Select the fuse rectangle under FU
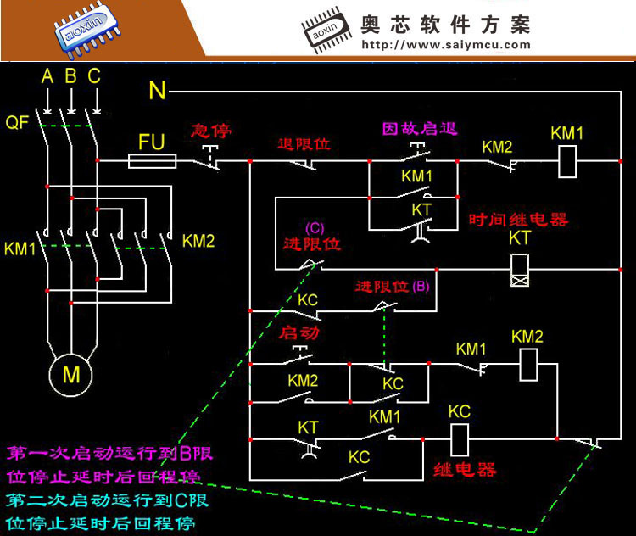(152, 161)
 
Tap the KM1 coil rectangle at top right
(567, 162)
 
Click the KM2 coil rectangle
(528, 366)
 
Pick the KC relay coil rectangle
(460, 440)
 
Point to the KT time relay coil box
(520, 270)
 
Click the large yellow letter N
(158, 90)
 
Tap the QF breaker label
(17, 122)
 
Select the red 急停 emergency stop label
(211, 131)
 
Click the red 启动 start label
(299, 332)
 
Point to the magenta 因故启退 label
(420, 129)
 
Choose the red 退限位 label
(304, 143)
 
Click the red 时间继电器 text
(518, 220)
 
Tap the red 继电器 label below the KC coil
(465, 470)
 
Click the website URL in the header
(446, 45)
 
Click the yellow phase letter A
(47, 75)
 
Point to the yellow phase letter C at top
(94, 75)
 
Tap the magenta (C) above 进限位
(315, 228)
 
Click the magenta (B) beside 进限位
(421, 287)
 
